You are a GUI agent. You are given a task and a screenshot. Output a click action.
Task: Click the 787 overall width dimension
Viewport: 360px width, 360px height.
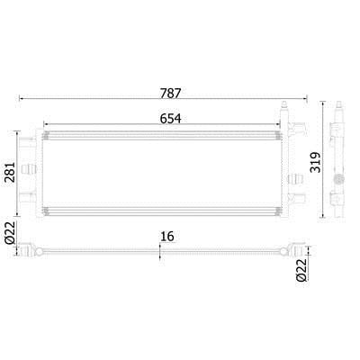(170, 93)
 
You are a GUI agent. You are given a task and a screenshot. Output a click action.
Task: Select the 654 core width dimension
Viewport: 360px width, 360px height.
(170, 119)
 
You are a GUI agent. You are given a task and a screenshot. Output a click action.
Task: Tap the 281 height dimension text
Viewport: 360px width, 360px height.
(10, 172)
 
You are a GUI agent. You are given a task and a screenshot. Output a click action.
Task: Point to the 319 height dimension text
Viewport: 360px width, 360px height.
(315, 162)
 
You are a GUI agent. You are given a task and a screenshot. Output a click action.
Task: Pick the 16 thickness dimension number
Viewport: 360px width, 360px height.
(167, 237)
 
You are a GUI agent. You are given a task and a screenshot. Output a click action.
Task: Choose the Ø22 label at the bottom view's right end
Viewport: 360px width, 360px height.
(301, 270)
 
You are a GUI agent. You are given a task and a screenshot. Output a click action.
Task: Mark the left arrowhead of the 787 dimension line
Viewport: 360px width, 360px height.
(21, 98)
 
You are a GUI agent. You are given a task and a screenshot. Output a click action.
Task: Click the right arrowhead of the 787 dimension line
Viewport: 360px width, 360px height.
(305, 98)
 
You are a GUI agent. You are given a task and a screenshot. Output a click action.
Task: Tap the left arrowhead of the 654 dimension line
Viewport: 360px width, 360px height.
(46, 123)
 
